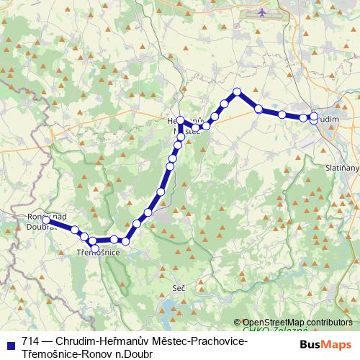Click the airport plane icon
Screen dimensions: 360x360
tap(260, 12)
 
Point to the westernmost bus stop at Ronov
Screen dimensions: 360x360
tap(46, 220)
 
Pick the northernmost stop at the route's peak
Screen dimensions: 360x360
tap(237, 91)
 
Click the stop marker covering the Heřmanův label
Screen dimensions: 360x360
tap(181, 121)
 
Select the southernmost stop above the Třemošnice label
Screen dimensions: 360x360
tap(94, 248)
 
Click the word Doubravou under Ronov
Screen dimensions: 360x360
tap(42, 226)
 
